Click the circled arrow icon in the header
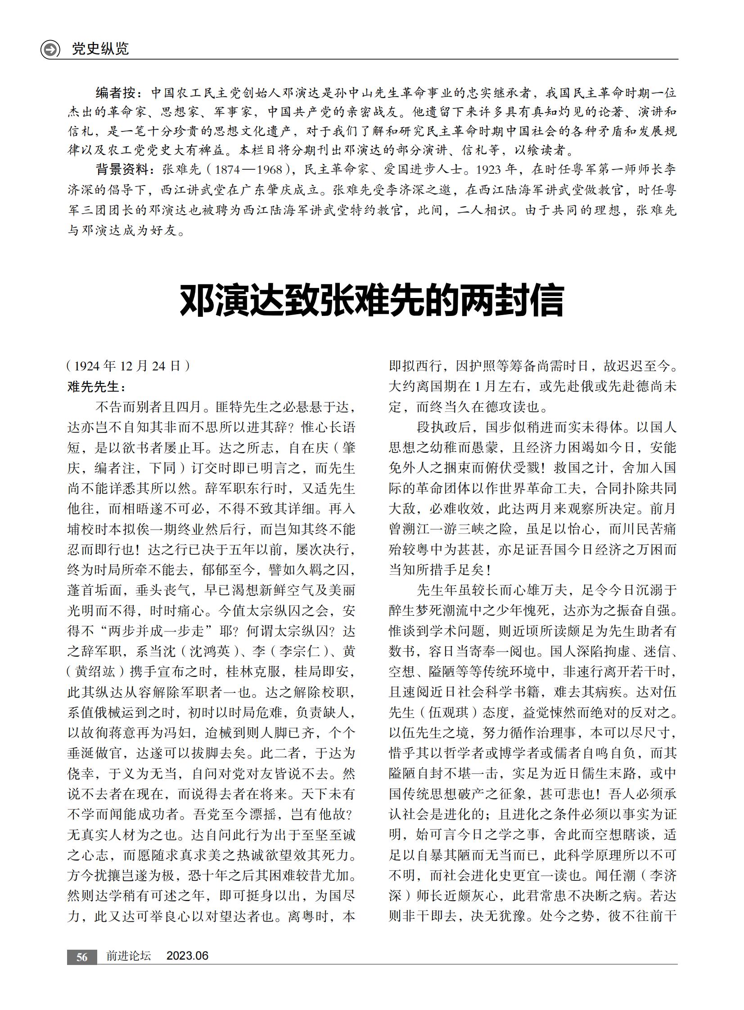click(x=50, y=49)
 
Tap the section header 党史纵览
click(x=100, y=49)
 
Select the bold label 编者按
click(x=115, y=93)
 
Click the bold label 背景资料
click(x=122, y=169)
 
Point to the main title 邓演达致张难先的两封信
click(x=371, y=300)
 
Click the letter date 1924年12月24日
click(x=128, y=365)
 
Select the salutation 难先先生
click(x=93, y=386)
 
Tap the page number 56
click(x=81, y=957)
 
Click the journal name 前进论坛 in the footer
click(x=129, y=956)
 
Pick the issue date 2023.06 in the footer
click(x=187, y=956)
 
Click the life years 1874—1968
click(x=248, y=170)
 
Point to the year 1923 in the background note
click(x=489, y=170)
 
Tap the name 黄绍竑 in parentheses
click(x=95, y=672)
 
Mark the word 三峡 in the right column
click(x=484, y=529)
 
